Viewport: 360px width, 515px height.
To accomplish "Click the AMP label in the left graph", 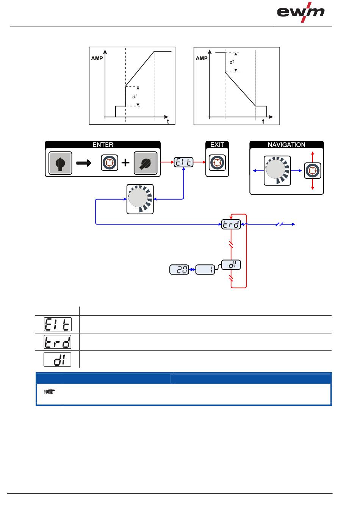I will coord(97,59).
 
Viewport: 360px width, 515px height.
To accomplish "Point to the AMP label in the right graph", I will coord(202,59).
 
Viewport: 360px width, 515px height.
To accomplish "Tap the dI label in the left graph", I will coord(134,96).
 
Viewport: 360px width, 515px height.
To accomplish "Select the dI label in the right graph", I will coord(232,62).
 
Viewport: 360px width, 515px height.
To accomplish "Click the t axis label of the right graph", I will coord(263,122).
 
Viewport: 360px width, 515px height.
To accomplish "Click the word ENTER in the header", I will coord(103,145).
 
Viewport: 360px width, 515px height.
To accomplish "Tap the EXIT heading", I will coord(217,145).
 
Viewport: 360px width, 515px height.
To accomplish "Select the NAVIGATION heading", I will coord(286,145).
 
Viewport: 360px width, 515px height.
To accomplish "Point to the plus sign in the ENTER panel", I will coord(125,163).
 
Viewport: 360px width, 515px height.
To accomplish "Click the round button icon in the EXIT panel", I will coord(217,163).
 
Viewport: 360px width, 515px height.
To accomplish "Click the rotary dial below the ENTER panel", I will coord(140,199).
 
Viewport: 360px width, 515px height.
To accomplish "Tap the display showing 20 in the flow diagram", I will coord(179,270).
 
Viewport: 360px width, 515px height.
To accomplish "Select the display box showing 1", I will coord(205,270).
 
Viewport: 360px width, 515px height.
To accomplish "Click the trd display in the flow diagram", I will coord(231,225).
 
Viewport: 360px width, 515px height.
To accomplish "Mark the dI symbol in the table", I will coord(57,359).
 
